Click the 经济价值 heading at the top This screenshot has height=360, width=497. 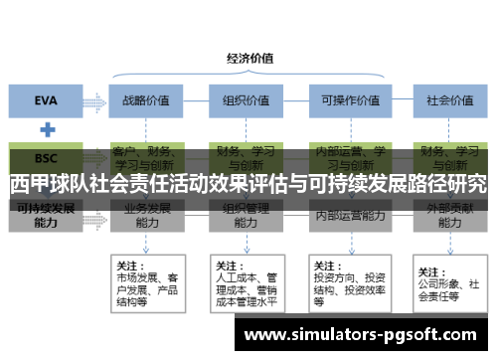[248, 57]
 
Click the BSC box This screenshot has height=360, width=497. [47, 157]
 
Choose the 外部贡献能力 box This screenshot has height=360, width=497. [448, 216]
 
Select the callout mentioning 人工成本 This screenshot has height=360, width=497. [245, 282]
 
